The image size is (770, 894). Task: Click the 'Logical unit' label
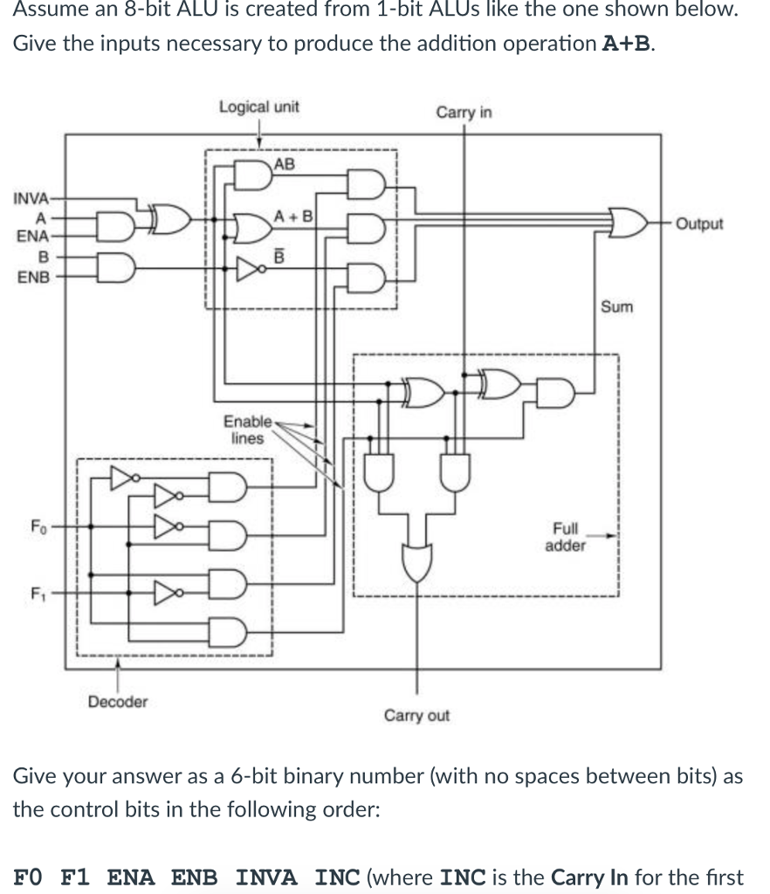pyautogui.click(x=258, y=107)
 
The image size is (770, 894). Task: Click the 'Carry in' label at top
pyautogui.click(x=464, y=113)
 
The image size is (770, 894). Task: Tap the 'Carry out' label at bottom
pyautogui.click(x=416, y=716)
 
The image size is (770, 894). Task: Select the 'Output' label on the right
pyautogui.click(x=699, y=223)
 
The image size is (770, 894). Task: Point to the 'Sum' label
pyautogui.click(x=616, y=307)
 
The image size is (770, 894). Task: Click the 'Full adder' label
pyautogui.click(x=565, y=537)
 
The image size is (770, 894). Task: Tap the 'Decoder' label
pyautogui.click(x=118, y=701)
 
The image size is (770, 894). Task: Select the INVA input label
pyautogui.click(x=31, y=197)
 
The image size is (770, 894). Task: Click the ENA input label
pyautogui.click(x=33, y=236)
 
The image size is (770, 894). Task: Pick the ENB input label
pyautogui.click(x=33, y=277)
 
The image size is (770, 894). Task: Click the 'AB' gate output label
pyautogui.click(x=285, y=163)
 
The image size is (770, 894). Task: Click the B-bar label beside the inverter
pyautogui.click(x=280, y=256)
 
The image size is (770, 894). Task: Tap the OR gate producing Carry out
pyautogui.click(x=416, y=560)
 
